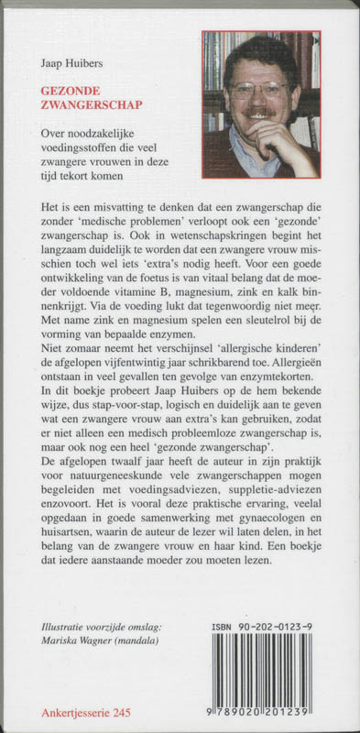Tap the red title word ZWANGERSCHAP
click(84, 104)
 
